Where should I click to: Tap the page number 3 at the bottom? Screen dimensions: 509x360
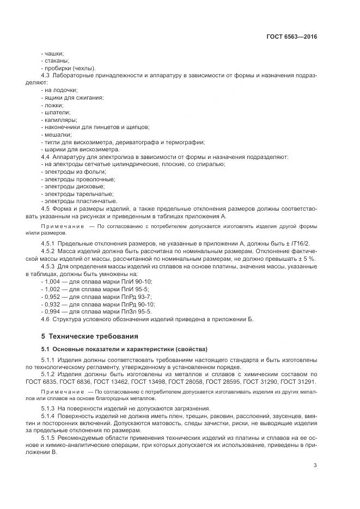click(x=315, y=465)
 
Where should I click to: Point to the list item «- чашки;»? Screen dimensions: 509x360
click(x=53, y=53)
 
